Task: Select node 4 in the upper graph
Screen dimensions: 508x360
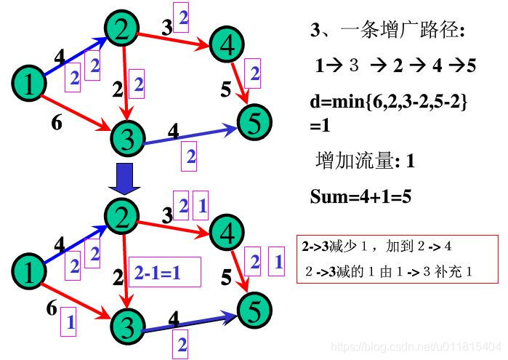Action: pyautogui.click(x=227, y=45)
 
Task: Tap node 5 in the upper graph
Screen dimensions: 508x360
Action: pyautogui.click(x=253, y=121)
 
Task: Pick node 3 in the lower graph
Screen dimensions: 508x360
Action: pyautogui.click(x=128, y=325)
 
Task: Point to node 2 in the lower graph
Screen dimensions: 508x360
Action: pyautogui.click(x=123, y=215)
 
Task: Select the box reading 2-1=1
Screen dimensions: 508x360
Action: pyautogui.click(x=156, y=272)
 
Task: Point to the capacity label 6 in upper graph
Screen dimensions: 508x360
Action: pyautogui.click(x=56, y=122)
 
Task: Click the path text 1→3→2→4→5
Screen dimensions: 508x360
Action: pyautogui.click(x=395, y=65)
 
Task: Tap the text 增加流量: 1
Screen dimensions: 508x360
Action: pyautogui.click(x=365, y=161)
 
